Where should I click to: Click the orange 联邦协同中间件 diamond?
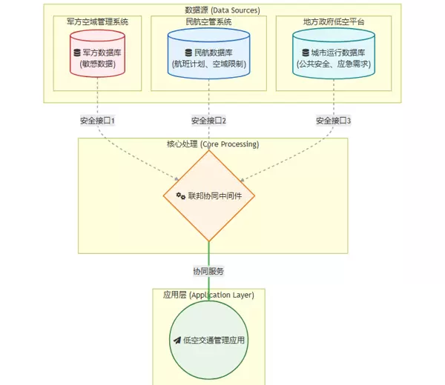point(208,196)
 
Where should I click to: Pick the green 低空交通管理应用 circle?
point(208,341)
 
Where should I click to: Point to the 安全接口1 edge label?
point(97,120)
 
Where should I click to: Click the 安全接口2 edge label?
point(208,120)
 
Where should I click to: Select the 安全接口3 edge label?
point(333,120)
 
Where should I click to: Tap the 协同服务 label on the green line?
point(208,271)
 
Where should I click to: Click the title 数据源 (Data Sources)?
point(222,10)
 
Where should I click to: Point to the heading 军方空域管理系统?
point(97,22)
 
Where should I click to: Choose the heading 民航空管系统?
point(208,22)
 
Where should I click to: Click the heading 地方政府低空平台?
point(334,22)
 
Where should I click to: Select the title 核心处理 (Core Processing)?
point(213,144)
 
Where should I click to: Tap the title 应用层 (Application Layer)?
point(208,295)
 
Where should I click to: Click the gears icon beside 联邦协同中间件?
point(180,196)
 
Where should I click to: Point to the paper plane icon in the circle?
point(177,341)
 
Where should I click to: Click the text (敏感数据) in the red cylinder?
point(97,65)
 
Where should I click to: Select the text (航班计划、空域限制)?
point(208,65)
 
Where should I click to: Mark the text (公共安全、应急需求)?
point(333,65)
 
